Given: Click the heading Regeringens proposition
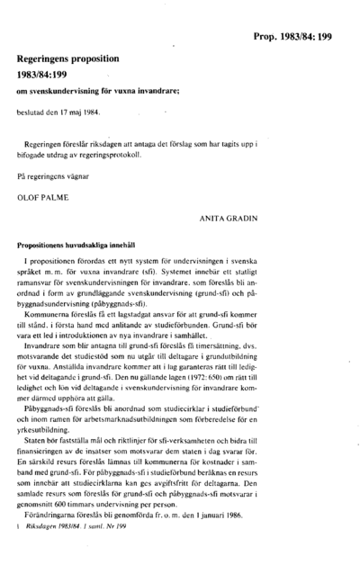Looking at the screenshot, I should pos(71,56).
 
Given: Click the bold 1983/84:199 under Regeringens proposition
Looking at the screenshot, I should pos(47,73).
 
